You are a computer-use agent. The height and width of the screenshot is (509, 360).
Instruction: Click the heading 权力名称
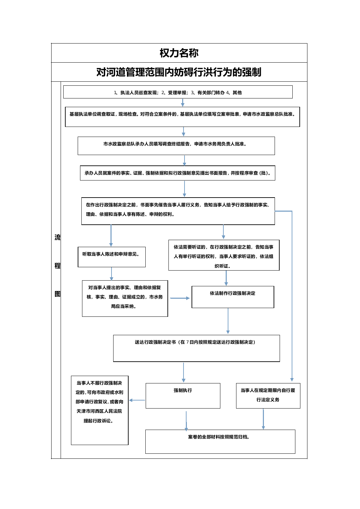[179, 53]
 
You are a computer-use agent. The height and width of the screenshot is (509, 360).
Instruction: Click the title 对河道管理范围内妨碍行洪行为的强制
[179, 72]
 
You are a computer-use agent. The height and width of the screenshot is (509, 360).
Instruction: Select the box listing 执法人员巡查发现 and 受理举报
[178, 92]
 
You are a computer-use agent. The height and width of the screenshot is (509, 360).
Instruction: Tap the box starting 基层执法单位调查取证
[182, 117]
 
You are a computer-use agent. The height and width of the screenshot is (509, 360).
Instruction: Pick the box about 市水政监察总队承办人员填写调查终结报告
[176, 146]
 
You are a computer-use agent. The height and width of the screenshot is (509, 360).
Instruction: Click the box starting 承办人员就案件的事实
[177, 173]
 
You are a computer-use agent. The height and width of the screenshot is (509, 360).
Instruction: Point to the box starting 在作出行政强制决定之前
[178, 211]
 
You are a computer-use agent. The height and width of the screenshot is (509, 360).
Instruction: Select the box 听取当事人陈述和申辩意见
[112, 257]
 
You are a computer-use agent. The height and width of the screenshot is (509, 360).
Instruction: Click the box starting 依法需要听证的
[224, 255]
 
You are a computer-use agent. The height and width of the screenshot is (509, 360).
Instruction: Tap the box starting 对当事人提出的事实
[125, 298]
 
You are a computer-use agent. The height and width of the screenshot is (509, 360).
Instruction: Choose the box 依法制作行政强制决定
[233, 297]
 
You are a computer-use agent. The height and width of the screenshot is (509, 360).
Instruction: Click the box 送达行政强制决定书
[196, 348]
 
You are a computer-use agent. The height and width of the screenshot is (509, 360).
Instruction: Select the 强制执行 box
[183, 396]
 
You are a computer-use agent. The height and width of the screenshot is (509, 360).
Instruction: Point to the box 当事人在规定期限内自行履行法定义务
[268, 396]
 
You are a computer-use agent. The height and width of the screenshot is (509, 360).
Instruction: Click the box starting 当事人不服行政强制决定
[99, 411]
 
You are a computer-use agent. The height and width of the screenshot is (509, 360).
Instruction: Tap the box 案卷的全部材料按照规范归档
[220, 442]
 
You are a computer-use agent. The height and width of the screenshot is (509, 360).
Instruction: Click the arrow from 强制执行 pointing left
[137, 400]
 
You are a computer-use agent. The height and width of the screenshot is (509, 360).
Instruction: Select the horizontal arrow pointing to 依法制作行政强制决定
[180, 298]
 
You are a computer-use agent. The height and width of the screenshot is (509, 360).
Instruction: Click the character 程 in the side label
[58, 266]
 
